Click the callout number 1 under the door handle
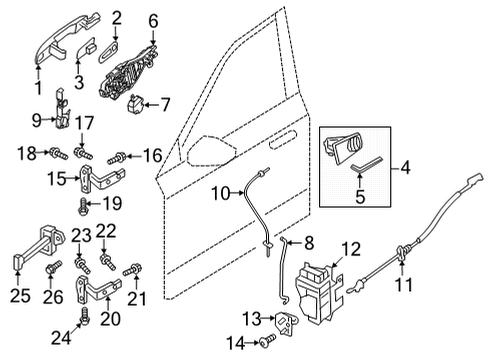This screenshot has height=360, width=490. (39, 88)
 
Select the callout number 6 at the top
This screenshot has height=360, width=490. (153, 20)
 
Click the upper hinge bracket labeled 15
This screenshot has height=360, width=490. (96, 182)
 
